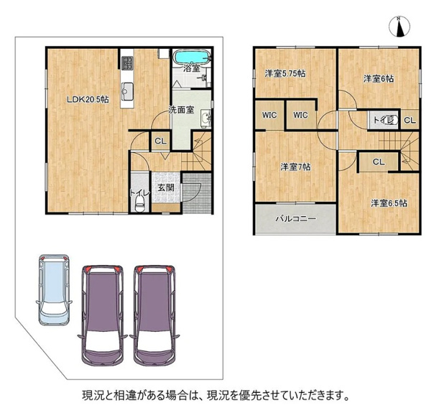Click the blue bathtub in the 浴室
192,57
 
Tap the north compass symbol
399,27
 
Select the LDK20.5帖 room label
88,100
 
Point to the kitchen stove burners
127,62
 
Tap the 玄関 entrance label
166,187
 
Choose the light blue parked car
54,290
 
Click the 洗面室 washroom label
181,110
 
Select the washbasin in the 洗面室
206,119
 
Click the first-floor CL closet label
160,141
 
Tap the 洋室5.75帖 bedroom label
285,74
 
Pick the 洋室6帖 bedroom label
379,79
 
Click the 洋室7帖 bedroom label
295,167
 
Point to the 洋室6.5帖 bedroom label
389,203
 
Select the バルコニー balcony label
296,219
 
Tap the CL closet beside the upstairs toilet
409,120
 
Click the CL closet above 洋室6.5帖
379,162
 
